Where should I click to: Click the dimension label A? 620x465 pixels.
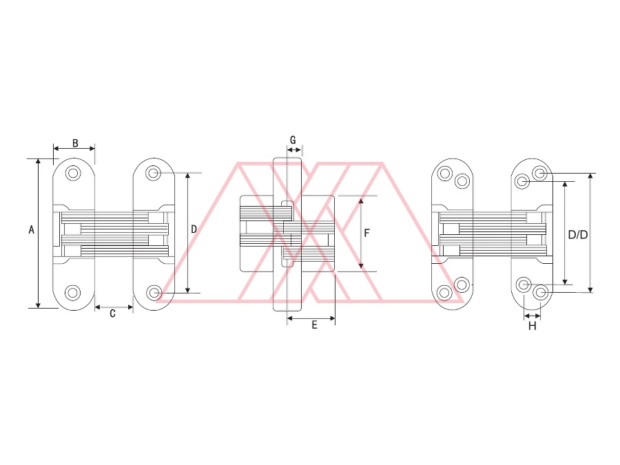coord(32,229)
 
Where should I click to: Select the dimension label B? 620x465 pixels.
coord(75,143)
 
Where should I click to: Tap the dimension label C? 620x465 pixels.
coord(113,313)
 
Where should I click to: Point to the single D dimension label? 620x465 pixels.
coord(194,229)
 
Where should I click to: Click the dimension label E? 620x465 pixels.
coord(314,325)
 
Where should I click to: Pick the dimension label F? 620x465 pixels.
coord(366,233)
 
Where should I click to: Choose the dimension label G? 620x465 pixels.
coord(293,140)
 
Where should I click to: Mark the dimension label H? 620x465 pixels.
coord(533,327)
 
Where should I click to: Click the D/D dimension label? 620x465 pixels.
coord(578,235)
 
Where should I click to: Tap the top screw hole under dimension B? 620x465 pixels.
coord(73,173)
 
